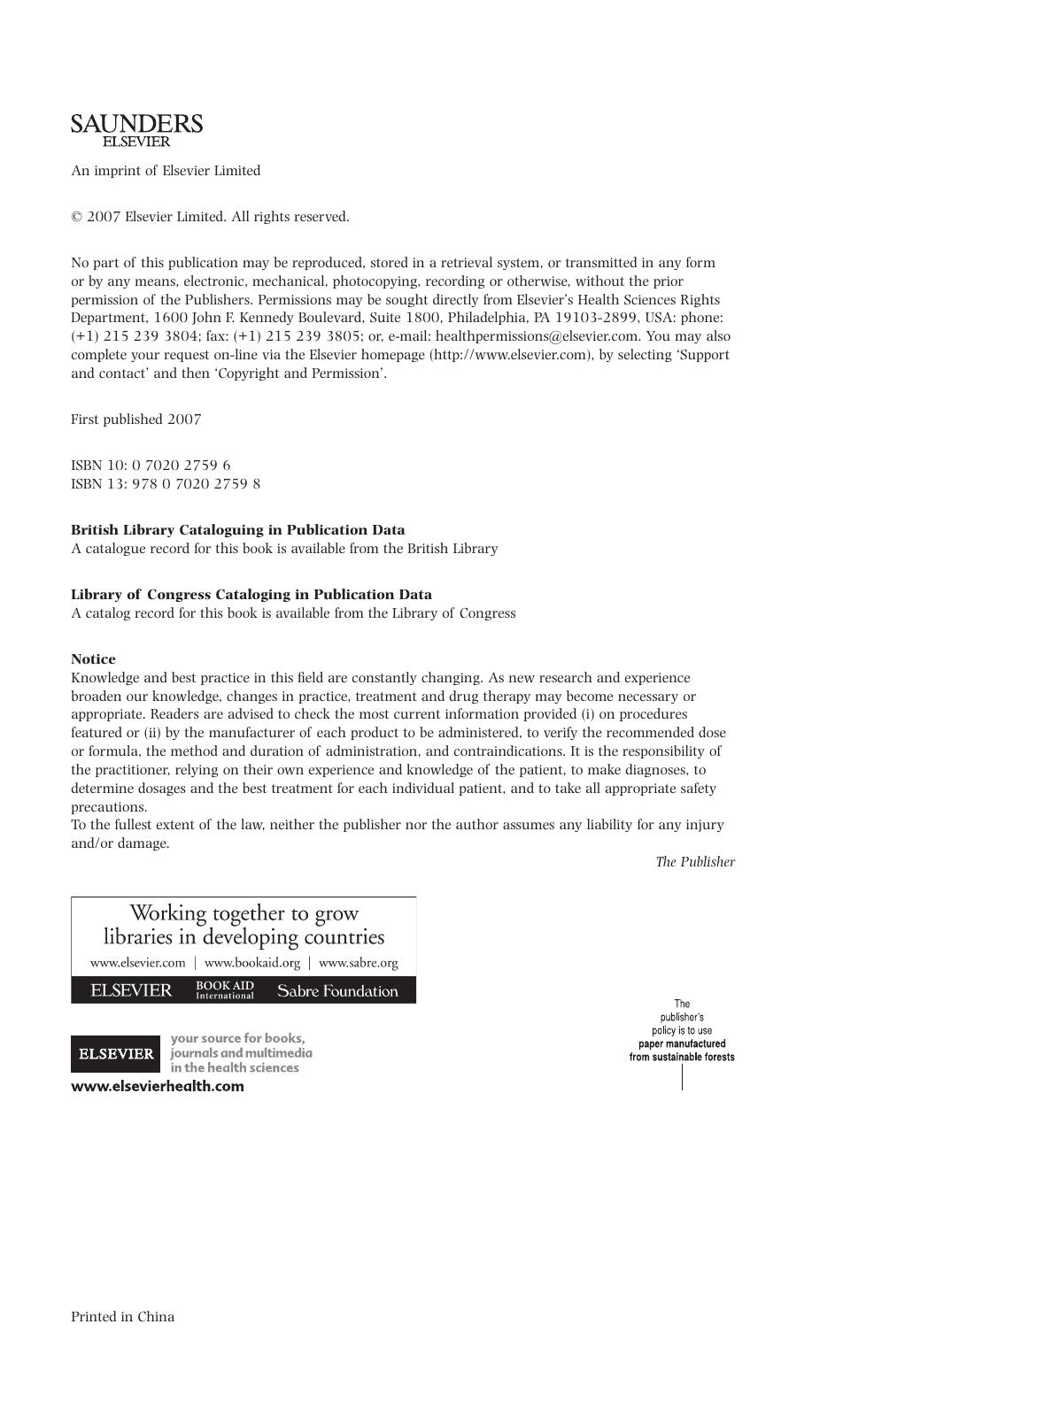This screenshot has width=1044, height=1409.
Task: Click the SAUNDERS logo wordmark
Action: point(136,124)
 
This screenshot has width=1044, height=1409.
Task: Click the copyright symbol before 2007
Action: point(77,217)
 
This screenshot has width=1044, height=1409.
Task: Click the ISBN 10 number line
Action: point(151,466)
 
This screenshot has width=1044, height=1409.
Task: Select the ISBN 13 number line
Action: point(166,484)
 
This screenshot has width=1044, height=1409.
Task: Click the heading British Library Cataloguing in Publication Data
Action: point(238,530)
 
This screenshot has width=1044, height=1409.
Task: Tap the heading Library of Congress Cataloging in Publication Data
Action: point(251,595)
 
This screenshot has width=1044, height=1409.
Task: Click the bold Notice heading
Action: point(93,659)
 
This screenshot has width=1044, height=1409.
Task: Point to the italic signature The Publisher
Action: point(695,862)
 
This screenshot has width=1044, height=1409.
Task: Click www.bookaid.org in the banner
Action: point(252,963)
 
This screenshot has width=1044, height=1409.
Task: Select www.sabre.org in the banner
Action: point(358,963)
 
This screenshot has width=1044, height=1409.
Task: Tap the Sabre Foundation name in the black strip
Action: point(337,991)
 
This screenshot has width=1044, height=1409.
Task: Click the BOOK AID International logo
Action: point(225,990)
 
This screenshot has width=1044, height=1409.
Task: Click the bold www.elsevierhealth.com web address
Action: point(158,1087)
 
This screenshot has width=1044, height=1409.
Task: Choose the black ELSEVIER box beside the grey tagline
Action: point(116,1054)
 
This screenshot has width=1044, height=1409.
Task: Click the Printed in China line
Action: point(122,1317)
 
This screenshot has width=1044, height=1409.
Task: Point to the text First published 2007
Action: point(135,420)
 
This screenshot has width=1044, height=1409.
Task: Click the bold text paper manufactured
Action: point(682,1043)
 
